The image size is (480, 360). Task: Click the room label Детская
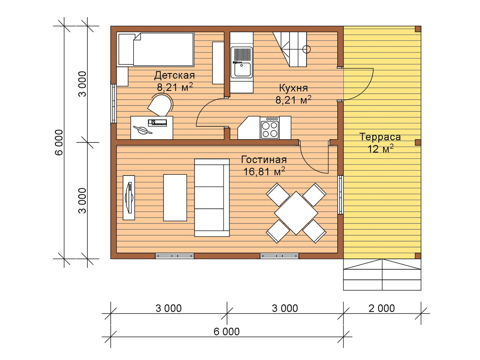174,75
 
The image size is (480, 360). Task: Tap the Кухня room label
294,88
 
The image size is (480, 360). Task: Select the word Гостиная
264,160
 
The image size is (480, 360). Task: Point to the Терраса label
380,137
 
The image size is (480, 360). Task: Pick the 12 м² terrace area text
381,149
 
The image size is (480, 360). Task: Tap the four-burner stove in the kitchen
270,127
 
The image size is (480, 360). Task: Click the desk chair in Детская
160,105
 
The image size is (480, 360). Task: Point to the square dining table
296,213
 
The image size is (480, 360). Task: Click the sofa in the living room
212,198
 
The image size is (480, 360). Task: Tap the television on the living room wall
129,198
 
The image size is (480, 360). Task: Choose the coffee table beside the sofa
175,198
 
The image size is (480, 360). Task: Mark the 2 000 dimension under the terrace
382,308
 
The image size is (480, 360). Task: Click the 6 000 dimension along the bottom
226,332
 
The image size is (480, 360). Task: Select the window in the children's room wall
114,103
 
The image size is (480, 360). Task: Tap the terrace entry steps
382,274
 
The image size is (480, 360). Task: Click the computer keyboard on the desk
157,123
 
